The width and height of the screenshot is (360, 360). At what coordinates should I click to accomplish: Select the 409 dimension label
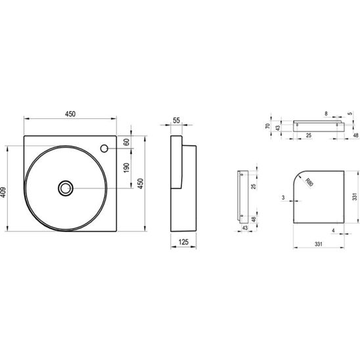tap(3, 192)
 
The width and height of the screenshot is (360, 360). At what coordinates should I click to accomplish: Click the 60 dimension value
tap(126, 142)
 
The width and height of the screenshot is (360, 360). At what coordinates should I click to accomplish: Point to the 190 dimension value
tap(126, 168)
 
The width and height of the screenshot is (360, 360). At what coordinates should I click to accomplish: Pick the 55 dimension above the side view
tap(176, 120)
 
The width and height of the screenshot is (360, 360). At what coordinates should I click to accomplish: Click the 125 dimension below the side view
tap(183, 242)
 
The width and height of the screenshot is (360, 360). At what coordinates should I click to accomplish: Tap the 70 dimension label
tap(268, 126)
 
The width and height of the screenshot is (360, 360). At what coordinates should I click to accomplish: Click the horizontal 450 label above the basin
tap(70, 114)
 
